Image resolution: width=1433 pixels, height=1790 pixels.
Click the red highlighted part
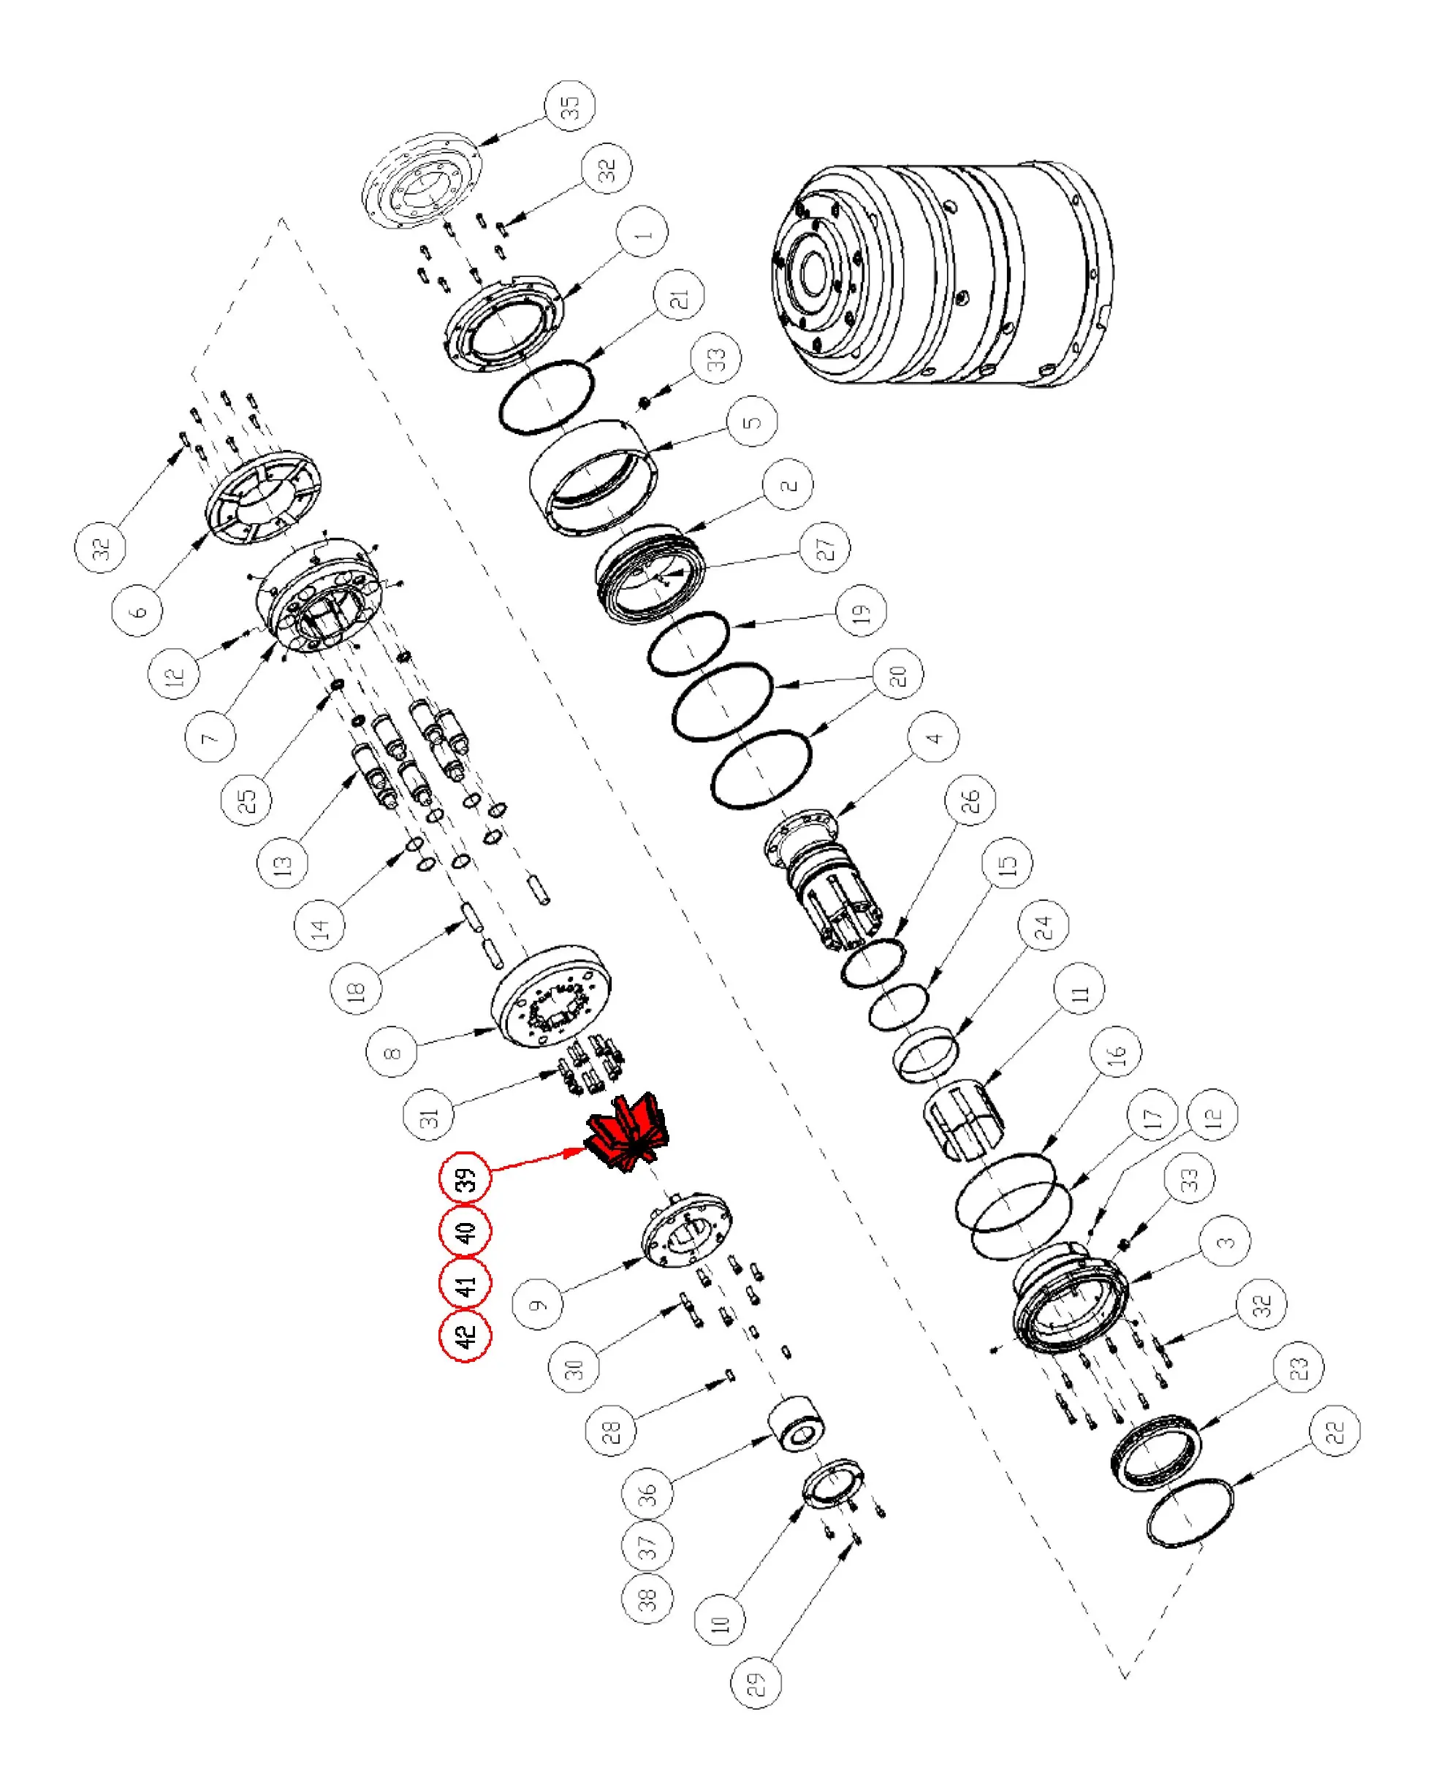[x=627, y=1133]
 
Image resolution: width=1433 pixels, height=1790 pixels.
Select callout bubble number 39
[x=465, y=1177]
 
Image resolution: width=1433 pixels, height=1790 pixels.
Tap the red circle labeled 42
[x=465, y=1337]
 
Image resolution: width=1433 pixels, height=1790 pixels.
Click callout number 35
[x=571, y=106]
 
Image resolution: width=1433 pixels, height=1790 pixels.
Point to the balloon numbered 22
[x=1334, y=1431]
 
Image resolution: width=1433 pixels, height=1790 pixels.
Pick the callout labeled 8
[x=392, y=1052]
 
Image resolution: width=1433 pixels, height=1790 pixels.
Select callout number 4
[x=934, y=736]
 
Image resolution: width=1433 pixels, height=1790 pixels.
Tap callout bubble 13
[x=283, y=864]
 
